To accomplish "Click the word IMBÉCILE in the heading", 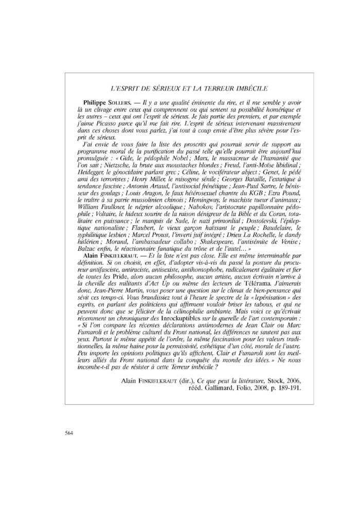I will tap(253, 89).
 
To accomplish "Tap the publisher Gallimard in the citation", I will tap(221, 388).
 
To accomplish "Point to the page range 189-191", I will tap(288, 388).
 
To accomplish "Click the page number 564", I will tap(69, 433).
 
